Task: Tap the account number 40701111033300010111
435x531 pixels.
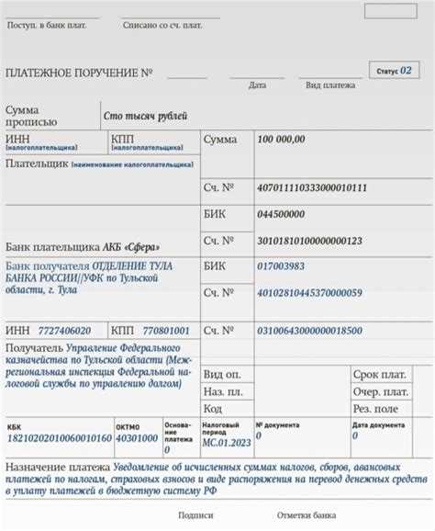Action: pyautogui.click(x=313, y=187)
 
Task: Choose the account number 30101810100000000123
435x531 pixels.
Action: pyautogui.click(x=310, y=241)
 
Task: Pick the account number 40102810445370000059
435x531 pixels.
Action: pyautogui.click(x=310, y=293)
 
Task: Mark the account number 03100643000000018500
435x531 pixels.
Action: pyautogui.click(x=310, y=330)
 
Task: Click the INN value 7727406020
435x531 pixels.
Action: pyautogui.click(x=65, y=330)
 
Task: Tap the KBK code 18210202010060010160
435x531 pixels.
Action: pyautogui.click(x=59, y=438)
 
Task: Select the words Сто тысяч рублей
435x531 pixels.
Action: pyautogui.click(x=146, y=116)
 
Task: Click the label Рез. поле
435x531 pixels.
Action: pyautogui.click(x=374, y=408)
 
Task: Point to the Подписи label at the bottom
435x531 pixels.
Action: pyautogui.click(x=195, y=516)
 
